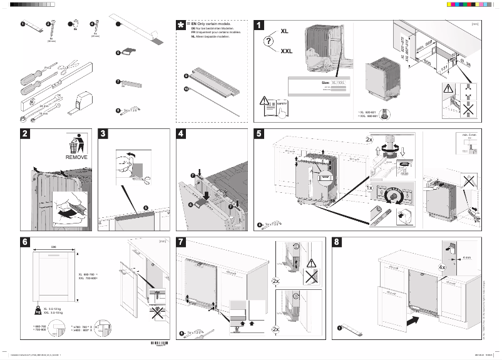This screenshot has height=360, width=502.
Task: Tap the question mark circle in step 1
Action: [x=269, y=42]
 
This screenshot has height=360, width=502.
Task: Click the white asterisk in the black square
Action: [x=182, y=24]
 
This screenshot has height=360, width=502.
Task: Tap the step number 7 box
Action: [x=182, y=242]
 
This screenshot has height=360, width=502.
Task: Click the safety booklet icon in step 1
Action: [x=265, y=106]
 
